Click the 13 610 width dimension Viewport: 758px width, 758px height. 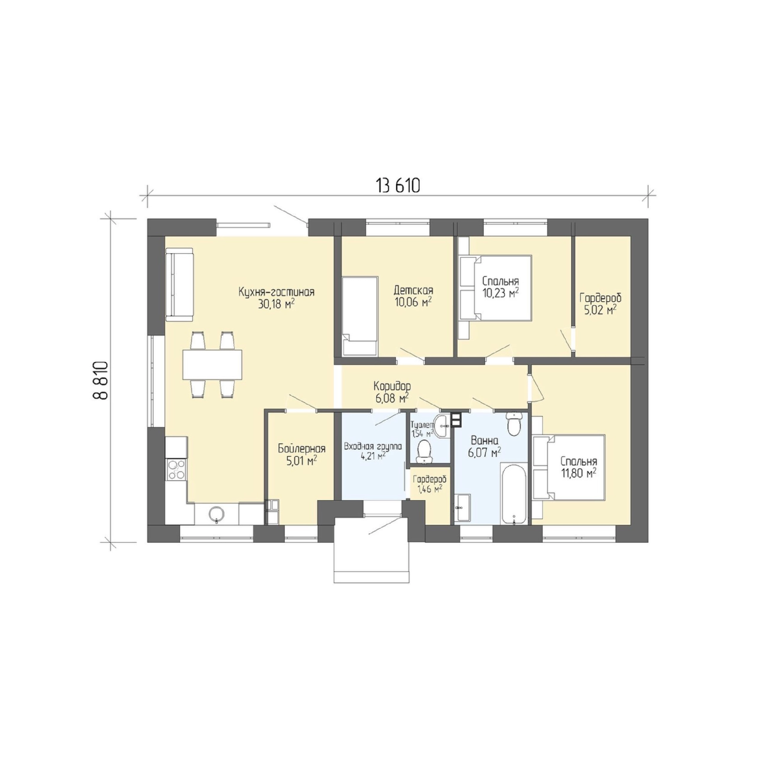point(398,186)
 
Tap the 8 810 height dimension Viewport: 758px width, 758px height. point(100,380)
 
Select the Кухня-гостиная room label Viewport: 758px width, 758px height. point(277,292)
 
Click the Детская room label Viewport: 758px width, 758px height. point(413,291)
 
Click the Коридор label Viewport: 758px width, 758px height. point(392,385)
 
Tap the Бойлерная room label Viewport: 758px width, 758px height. point(302,448)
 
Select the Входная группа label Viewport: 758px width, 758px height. point(373,447)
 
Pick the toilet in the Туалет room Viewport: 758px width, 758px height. point(424,451)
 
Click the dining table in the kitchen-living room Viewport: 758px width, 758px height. point(212,364)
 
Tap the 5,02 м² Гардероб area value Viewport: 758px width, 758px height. point(600,310)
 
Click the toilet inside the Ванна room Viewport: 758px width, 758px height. point(514,424)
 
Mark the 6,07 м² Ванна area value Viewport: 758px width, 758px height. point(484,452)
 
